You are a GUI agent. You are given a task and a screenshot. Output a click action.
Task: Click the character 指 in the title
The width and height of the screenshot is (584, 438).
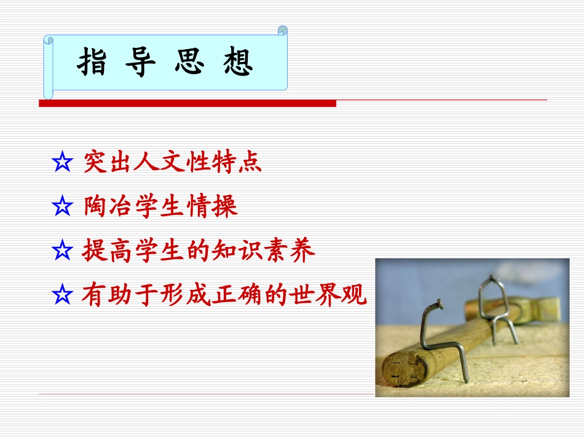coord(92,63)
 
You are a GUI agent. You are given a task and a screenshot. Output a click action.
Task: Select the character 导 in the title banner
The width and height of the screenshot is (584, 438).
coord(140,63)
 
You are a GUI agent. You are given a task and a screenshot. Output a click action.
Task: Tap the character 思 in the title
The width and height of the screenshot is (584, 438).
coord(189,63)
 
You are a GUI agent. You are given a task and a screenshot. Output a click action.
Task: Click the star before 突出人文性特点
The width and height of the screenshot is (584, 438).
coord(62,163)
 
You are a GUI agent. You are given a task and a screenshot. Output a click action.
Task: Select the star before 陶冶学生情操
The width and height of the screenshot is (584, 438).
coord(62,208)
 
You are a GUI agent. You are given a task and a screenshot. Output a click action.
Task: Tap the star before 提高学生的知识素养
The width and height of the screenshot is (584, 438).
coord(62,252)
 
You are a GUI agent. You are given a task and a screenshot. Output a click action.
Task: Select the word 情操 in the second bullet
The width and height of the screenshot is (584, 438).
coord(215,207)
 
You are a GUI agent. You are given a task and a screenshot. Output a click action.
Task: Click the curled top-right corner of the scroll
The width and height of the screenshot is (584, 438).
coord(283,30)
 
